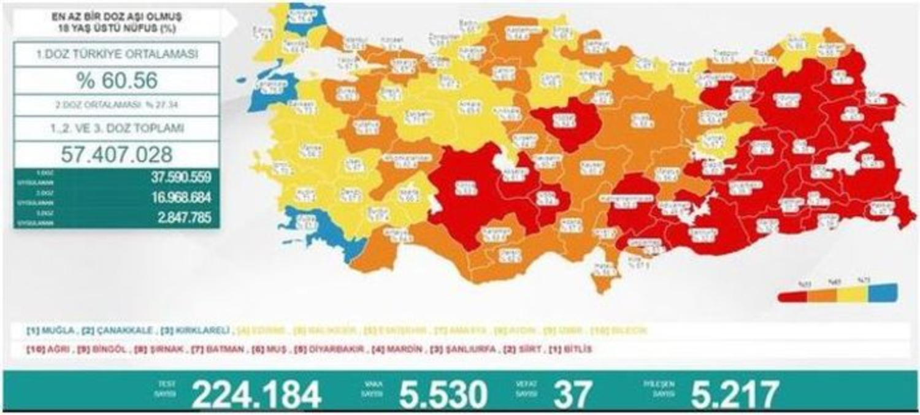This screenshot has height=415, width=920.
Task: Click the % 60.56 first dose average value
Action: (117, 80)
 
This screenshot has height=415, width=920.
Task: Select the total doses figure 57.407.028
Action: (117, 153)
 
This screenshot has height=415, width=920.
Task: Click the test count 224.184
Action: (256, 394)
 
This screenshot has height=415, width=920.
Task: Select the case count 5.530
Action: (443, 394)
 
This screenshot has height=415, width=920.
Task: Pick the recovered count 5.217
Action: (734, 394)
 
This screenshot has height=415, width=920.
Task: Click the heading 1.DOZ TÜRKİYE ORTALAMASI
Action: (117, 54)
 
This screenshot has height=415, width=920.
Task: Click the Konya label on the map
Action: (464, 188)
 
